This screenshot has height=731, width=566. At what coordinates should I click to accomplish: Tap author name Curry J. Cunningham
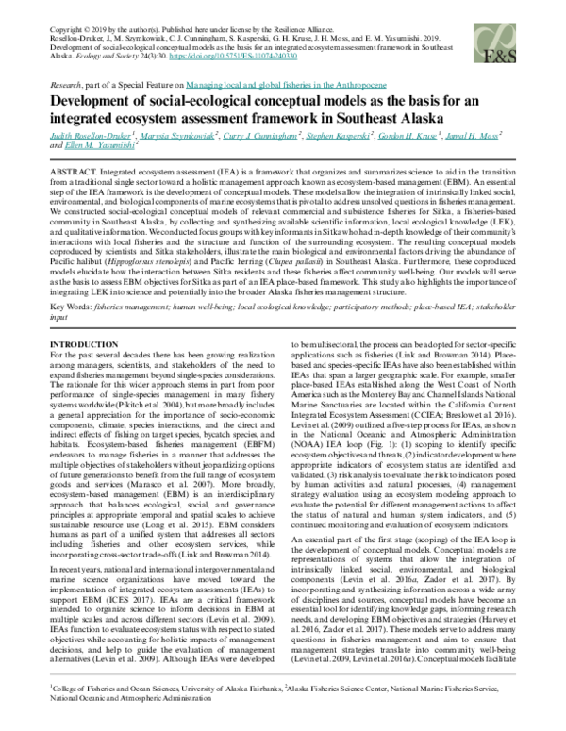(x=276, y=135)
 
